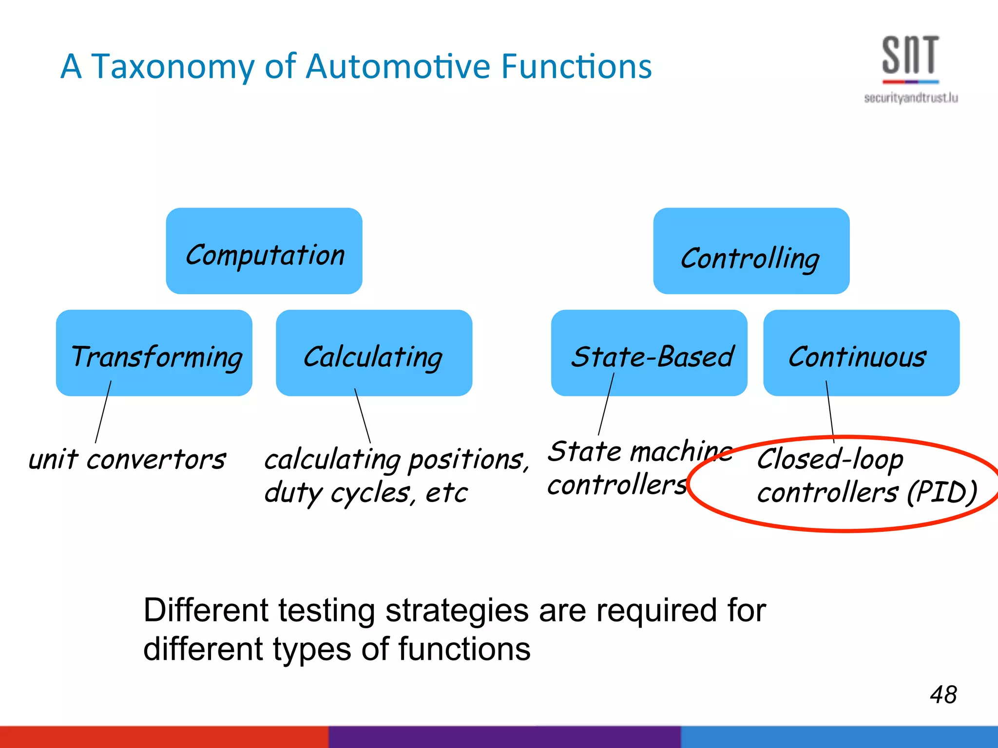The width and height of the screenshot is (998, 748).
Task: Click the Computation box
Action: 264,251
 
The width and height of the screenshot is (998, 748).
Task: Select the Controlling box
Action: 751,251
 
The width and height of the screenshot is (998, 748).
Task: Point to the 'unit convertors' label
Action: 127,460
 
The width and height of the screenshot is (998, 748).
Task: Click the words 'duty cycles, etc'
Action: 365,493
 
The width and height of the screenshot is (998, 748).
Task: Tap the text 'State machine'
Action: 638,451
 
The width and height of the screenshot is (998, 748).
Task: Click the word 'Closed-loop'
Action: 830,459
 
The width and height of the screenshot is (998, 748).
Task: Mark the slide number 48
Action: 943,694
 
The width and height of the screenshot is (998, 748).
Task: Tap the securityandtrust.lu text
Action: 911,98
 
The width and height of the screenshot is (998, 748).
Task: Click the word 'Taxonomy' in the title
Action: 173,67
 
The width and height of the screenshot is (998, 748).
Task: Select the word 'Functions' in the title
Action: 576,66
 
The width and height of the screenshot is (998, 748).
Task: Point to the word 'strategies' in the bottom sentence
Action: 457,611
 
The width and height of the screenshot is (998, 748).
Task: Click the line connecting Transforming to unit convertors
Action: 103,411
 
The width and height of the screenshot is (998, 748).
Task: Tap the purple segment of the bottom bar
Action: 504,737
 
